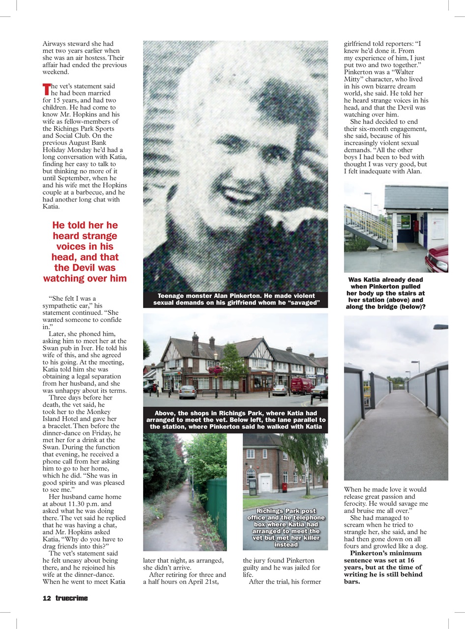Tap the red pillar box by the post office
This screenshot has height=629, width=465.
pos(284,487)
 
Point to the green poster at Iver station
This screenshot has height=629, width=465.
pos(406,221)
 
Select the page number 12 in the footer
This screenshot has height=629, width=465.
pos(47,598)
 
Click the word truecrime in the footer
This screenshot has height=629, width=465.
pos(71,598)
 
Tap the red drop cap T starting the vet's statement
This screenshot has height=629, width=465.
pos(47,89)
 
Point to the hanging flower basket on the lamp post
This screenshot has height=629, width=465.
pos(215,370)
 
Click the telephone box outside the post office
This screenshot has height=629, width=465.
pos(253,487)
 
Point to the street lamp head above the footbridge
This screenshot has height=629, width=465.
pos(440,327)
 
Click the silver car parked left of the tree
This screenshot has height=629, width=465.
pos(188,392)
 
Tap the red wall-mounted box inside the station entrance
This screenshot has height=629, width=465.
pos(416,226)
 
